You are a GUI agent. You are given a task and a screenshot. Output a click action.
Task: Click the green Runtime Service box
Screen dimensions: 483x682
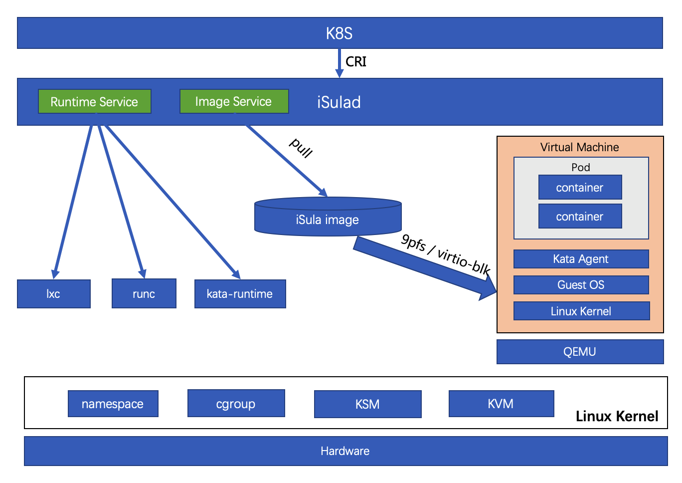(x=94, y=102)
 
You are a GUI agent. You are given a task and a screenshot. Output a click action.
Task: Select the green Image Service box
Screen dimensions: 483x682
(x=234, y=102)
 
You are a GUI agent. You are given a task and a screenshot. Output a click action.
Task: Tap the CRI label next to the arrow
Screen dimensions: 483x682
(x=356, y=62)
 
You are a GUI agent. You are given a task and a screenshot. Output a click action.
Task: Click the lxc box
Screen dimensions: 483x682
(x=54, y=294)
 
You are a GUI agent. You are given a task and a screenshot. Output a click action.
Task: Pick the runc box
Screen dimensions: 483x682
(x=144, y=294)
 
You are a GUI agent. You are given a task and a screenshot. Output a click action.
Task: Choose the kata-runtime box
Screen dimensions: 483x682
(x=240, y=294)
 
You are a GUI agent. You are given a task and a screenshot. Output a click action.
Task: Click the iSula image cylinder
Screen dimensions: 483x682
(x=328, y=220)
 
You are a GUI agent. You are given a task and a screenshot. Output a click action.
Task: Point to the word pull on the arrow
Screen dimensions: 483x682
(x=301, y=148)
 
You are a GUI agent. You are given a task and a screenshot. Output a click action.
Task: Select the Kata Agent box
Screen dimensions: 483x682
(x=581, y=259)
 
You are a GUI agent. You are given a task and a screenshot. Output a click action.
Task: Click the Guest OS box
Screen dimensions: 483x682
(x=581, y=285)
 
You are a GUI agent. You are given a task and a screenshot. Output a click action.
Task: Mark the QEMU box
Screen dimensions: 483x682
(x=580, y=352)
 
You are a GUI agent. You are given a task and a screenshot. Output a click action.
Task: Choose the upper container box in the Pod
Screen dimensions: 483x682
(x=580, y=188)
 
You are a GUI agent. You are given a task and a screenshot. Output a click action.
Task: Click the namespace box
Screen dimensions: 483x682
(x=113, y=404)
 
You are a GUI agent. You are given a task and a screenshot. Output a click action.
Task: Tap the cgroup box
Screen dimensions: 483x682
(x=236, y=404)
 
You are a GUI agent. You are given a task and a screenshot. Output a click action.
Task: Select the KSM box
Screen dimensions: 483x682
(x=367, y=404)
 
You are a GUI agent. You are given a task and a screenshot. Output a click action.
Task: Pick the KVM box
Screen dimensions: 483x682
(x=501, y=404)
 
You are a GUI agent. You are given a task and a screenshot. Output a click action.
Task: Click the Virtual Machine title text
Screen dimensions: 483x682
(x=580, y=147)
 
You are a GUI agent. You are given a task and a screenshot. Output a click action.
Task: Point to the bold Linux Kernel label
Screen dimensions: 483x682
(x=617, y=416)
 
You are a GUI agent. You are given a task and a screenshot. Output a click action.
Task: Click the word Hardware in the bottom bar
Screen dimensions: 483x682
(x=345, y=451)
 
